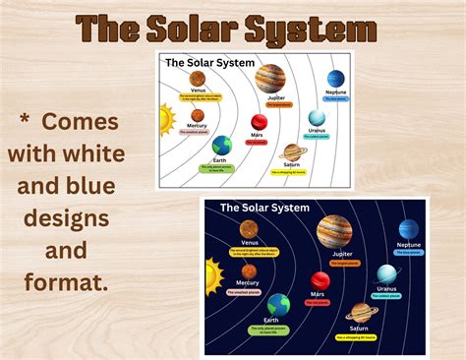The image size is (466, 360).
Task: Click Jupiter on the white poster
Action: click(270, 77)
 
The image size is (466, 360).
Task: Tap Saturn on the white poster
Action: click(293, 152)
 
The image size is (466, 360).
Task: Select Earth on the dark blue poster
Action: click(279, 304)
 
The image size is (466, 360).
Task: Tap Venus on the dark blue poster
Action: click(248, 229)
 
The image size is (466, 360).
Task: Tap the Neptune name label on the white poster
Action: click(336, 90)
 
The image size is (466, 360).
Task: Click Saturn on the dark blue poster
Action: click(359, 312)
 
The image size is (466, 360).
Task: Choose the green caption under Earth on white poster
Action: click(222, 169)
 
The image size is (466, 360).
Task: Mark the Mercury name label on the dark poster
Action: click(247, 283)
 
